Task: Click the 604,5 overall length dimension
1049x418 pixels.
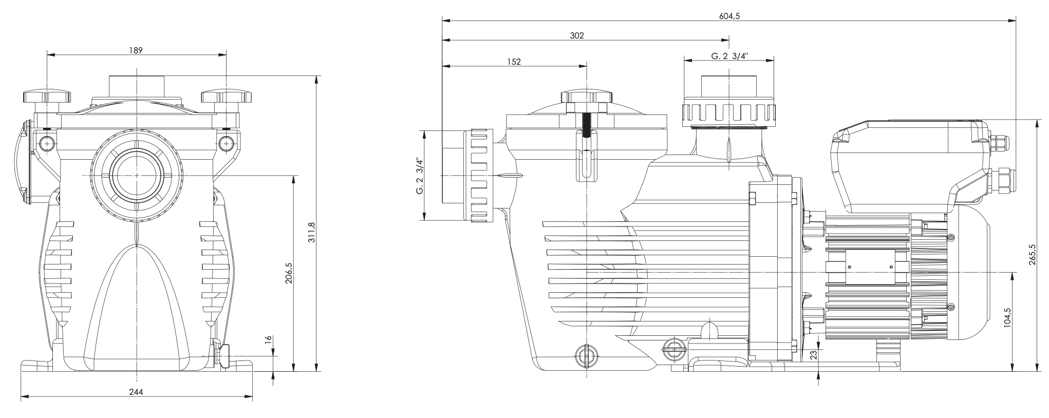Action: click(729, 16)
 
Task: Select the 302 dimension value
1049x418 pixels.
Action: click(577, 35)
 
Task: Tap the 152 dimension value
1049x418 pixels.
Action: click(514, 62)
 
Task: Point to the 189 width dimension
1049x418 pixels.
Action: click(136, 50)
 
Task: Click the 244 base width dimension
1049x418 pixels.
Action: click(136, 392)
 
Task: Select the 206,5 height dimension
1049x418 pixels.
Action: click(288, 273)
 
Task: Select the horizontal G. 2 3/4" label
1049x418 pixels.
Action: click(729, 56)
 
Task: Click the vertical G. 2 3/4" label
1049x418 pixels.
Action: click(420, 176)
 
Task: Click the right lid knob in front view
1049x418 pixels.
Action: click(227, 96)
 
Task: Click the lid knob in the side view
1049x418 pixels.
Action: click(587, 96)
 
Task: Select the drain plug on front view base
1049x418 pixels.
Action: click(224, 355)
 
